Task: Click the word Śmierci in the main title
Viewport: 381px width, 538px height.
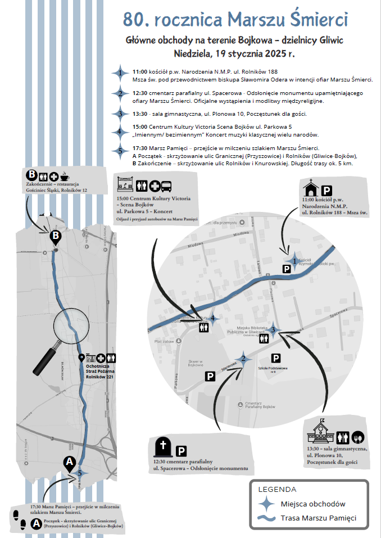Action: [318, 20]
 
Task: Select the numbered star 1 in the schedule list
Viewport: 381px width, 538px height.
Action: [119, 73]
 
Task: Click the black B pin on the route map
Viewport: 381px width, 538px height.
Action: [55, 237]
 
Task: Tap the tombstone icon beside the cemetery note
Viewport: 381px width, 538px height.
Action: [163, 448]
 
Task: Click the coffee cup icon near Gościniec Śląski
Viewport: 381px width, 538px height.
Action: [65, 175]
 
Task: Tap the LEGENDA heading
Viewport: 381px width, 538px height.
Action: [277, 489]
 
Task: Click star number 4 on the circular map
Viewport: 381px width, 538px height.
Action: [212, 319]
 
